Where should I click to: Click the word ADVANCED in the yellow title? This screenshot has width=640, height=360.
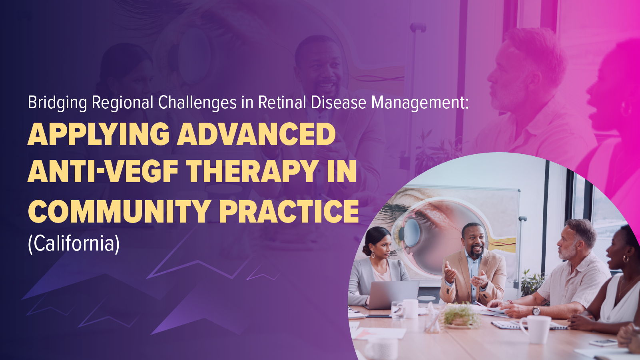[256, 135]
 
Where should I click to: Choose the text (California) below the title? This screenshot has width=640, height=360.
[74, 243]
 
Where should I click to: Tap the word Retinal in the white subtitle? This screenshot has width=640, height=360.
[282, 103]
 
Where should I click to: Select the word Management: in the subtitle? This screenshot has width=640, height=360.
[420, 103]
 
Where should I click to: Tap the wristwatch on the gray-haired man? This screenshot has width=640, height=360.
[536, 310]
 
